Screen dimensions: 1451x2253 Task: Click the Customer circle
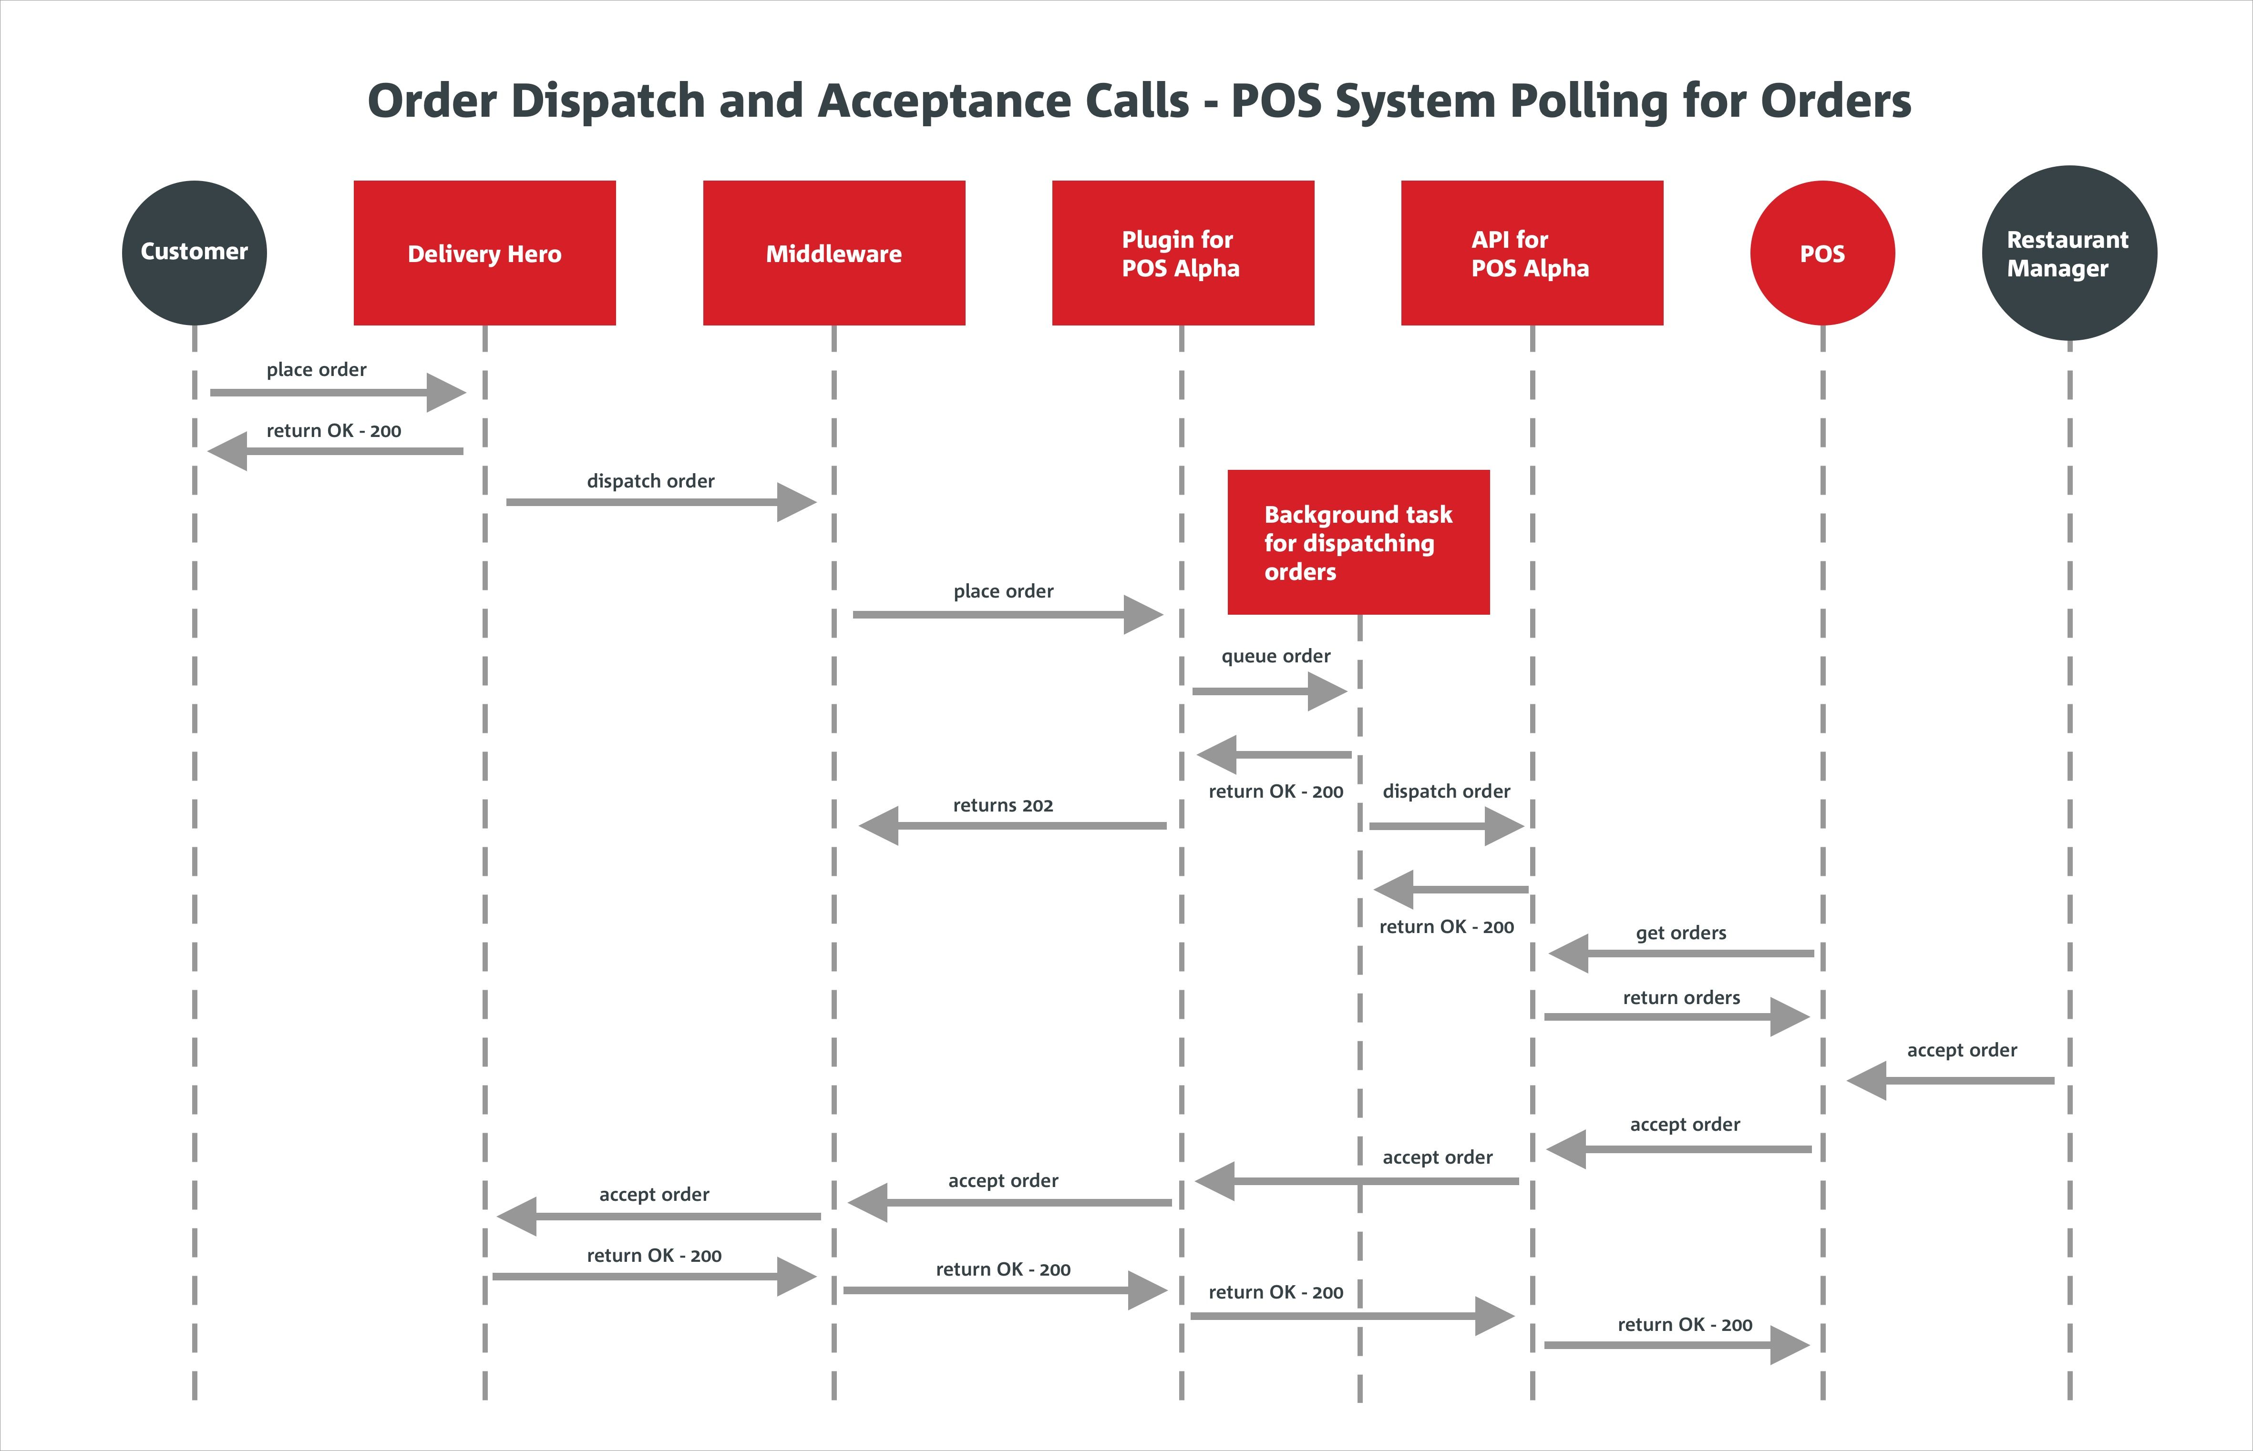pyautogui.click(x=194, y=253)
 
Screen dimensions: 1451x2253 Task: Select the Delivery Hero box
pyautogui.click(x=484, y=253)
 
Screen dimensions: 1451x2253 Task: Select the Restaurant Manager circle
pyautogui.click(x=2068, y=253)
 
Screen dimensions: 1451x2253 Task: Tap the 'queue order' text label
pyautogui.click(x=1276, y=656)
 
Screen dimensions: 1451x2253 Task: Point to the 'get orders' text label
pyautogui.click(x=1681, y=933)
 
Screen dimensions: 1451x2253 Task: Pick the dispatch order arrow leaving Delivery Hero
pyautogui.click(x=660, y=502)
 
